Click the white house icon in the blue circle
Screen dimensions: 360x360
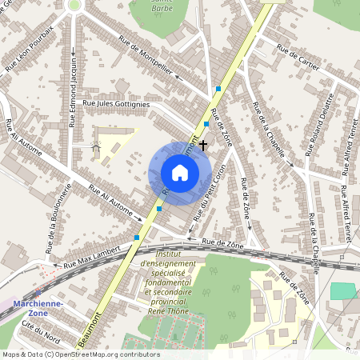[179, 173]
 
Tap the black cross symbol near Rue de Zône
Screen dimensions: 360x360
[203, 145]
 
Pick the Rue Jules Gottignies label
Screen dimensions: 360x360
[116, 103]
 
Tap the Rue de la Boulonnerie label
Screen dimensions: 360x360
[60, 218]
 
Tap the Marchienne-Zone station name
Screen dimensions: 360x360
[36, 309]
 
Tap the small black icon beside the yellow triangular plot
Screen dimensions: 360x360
[96, 147]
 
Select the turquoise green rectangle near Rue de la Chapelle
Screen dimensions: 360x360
[343, 290]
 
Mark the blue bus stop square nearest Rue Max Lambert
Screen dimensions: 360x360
[137, 237]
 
